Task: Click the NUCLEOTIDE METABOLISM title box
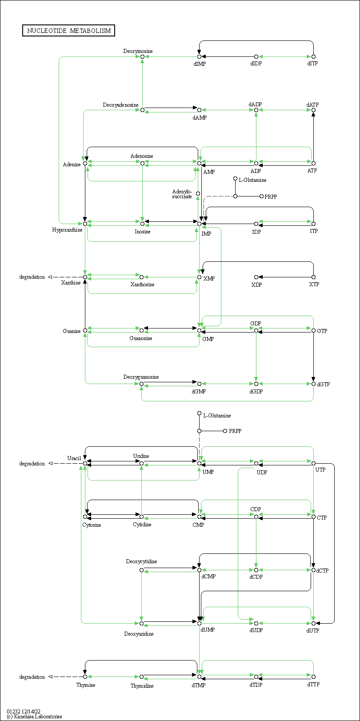(68, 31)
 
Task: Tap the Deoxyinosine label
(138, 51)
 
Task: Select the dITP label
(312, 64)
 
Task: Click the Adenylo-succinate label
(182, 194)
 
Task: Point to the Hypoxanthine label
(67, 230)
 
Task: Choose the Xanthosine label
(142, 284)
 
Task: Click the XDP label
(256, 284)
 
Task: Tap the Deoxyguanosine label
(141, 377)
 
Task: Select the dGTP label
(323, 385)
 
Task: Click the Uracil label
(74, 458)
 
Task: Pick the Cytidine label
(142, 525)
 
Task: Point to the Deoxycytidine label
(141, 561)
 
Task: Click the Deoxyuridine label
(139, 634)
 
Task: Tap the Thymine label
(86, 685)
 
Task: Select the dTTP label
(313, 684)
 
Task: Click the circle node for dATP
(313, 110)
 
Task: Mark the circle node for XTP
(313, 277)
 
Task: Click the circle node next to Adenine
(85, 164)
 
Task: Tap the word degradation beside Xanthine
(32, 277)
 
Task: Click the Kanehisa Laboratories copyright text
(34, 717)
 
